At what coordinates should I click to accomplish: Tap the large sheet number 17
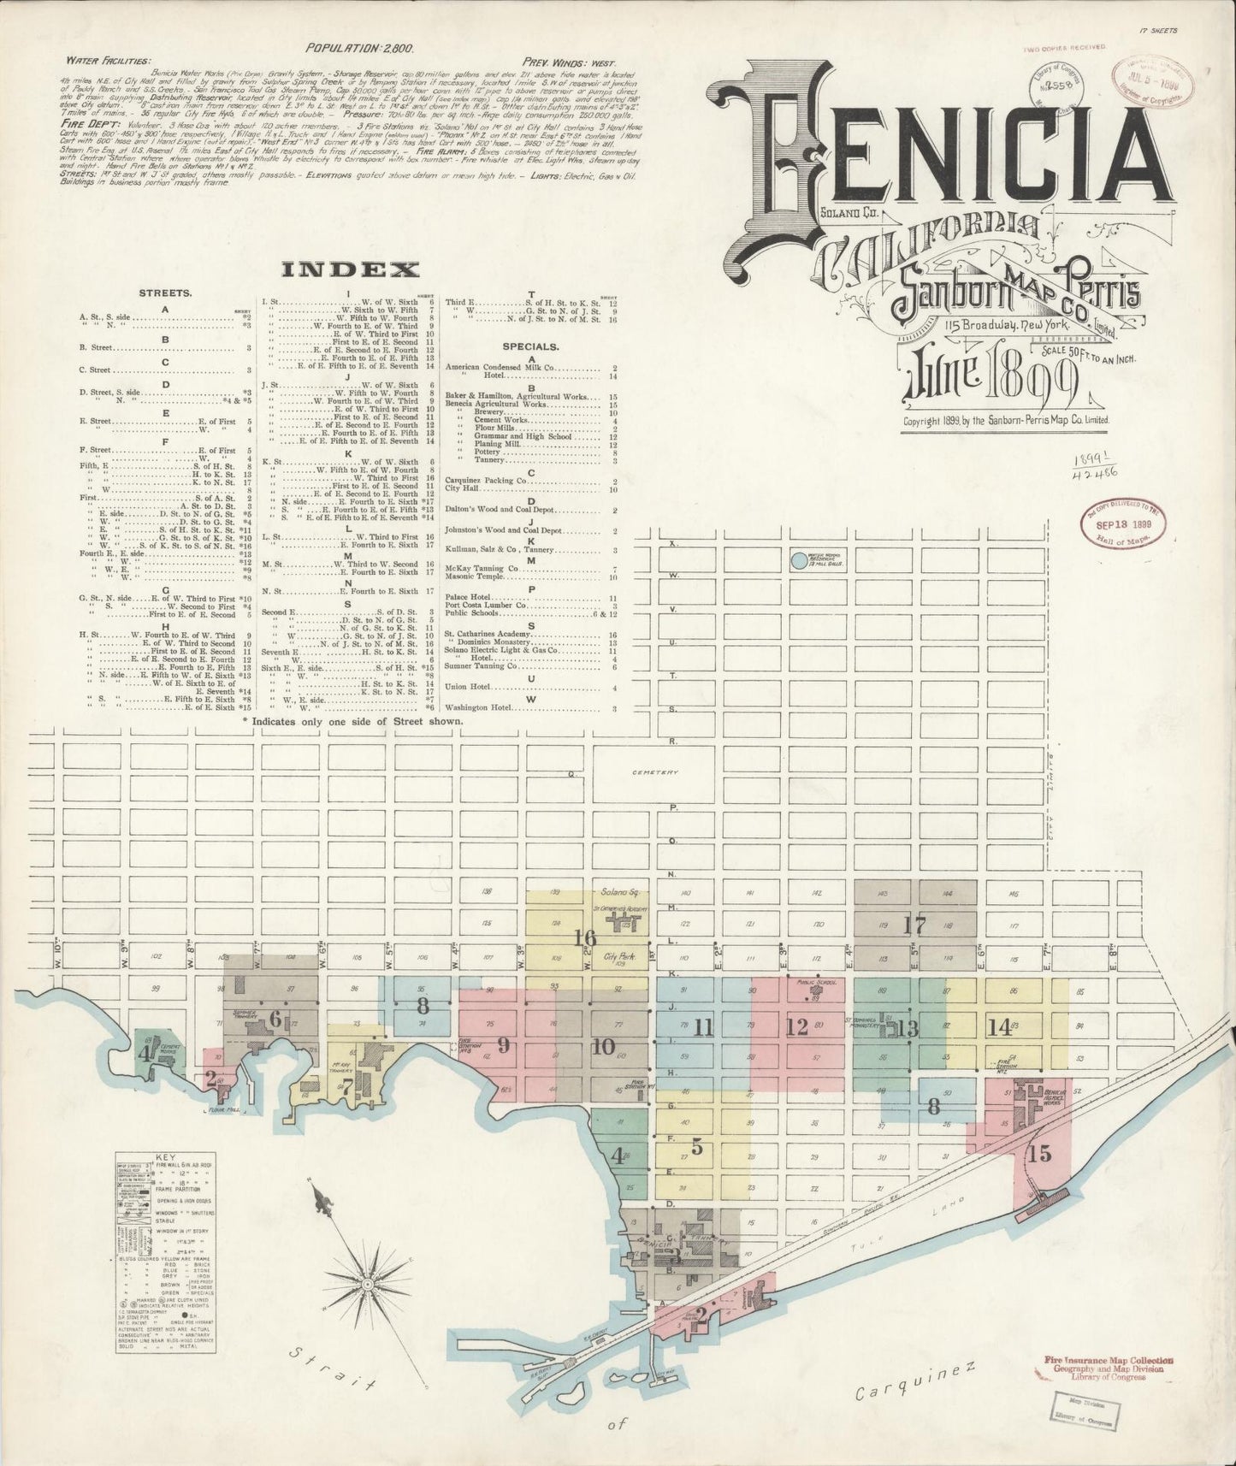(x=914, y=925)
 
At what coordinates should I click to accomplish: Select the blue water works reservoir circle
(x=797, y=561)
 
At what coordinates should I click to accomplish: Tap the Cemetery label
(x=654, y=772)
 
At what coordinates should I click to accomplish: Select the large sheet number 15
(x=1039, y=1153)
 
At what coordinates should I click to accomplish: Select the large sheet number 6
(x=275, y=1019)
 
